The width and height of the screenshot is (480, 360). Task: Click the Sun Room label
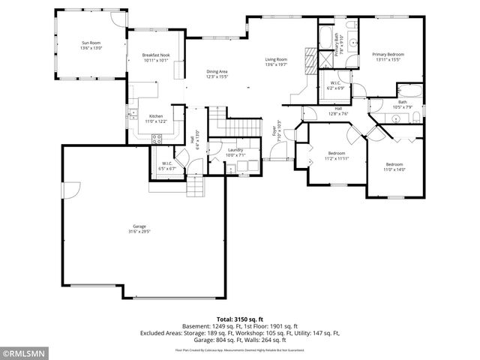click(91, 46)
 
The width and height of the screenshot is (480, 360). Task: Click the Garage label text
click(139, 226)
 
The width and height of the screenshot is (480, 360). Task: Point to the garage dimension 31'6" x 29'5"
click(139, 232)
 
